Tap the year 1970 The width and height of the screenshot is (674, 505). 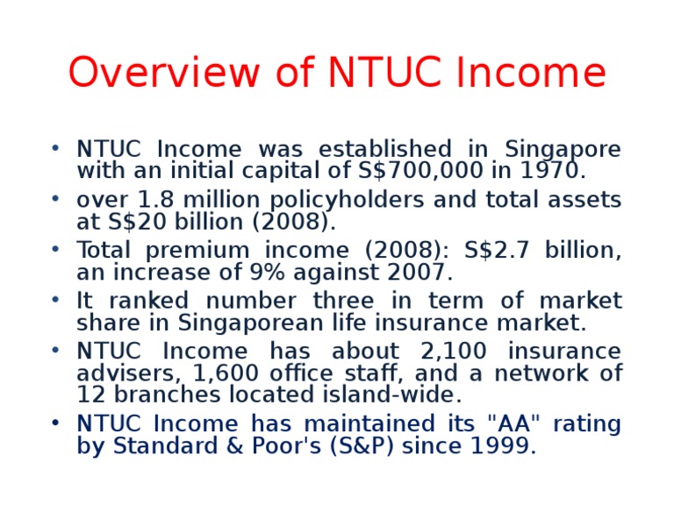(x=554, y=170)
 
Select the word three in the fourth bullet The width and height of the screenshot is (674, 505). (x=362, y=302)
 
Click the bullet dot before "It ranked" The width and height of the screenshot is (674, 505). (x=55, y=299)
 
